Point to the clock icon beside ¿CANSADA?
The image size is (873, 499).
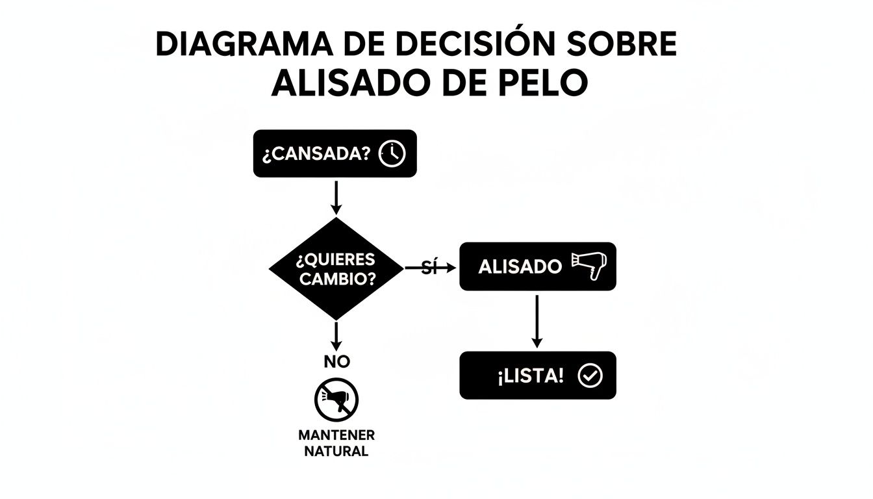pyautogui.click(x=392, y=154)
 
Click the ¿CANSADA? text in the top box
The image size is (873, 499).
pyautogui.click(x=317, y=155)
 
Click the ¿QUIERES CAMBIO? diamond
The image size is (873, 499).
pyautogui.click(x=335, y=268)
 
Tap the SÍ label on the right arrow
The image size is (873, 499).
pyautogui.click(x=427, y=267)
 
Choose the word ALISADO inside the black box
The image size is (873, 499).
pyautogui.click(x=520, y=267)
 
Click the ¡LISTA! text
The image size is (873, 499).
pyautogui.click(x=531, y=376)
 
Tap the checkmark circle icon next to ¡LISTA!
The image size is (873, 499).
pyautogui.click(x=590, y=376)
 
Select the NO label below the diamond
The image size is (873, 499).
pyautogui.click(x=336, y=362)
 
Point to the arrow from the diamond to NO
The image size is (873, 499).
pyautogui.click(x=336, y=334)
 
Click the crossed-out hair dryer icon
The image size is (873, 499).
pyautogui.click(x=336, y=400)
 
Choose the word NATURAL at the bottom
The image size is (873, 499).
pyautogui.click(x=336, y=451)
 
